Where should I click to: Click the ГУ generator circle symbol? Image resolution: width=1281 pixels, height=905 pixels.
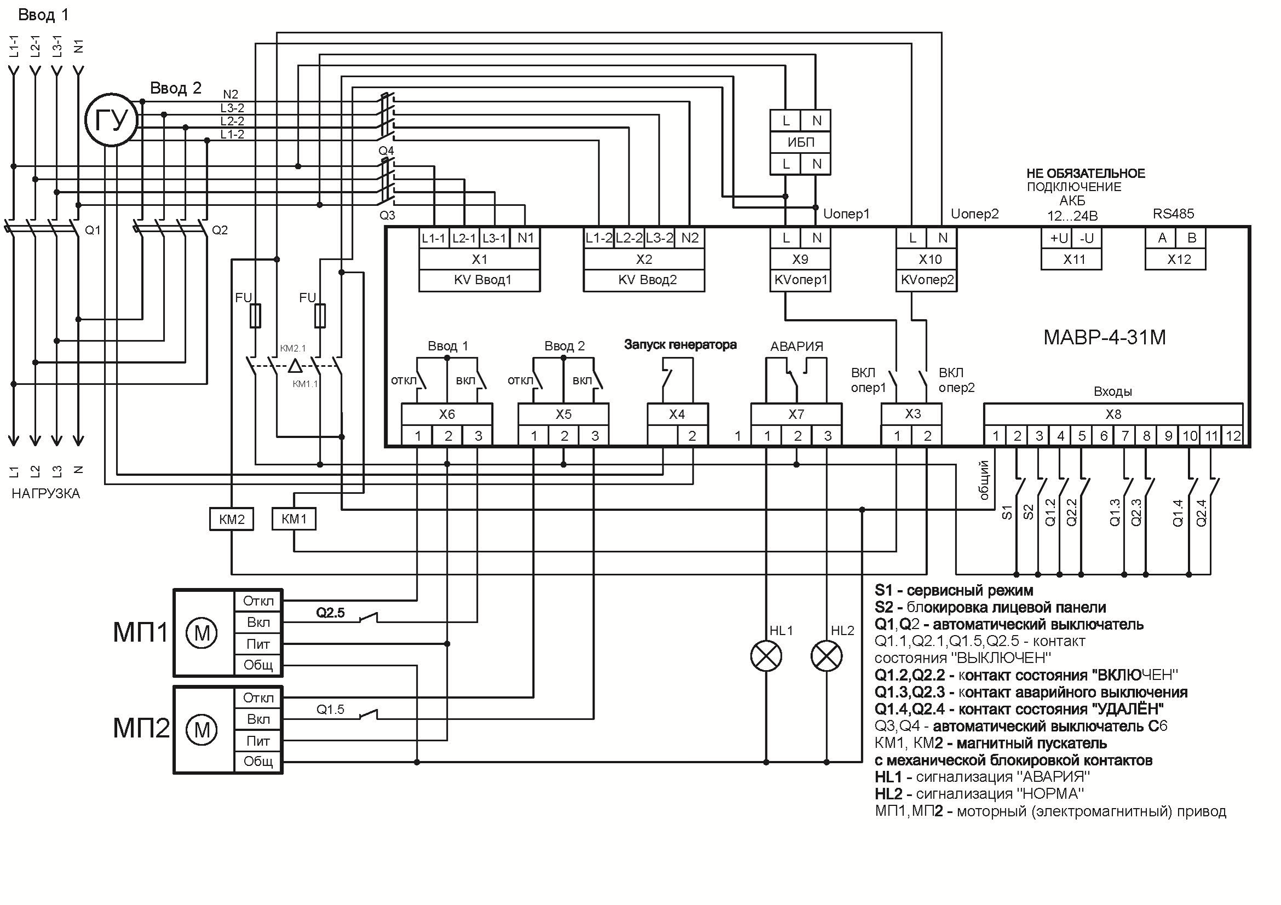(x=112, y=119)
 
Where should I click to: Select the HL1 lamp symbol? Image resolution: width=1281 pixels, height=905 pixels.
(x=766, y=656)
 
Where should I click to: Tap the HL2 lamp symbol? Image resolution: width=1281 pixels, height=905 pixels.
(x=826, y=656)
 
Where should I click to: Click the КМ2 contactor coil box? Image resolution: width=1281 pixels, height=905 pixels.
(x=232, y=520)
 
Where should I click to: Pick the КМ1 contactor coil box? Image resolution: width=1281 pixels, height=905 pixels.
(x=294, y=519)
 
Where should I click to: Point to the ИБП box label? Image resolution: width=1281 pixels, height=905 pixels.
(x=800, y=142)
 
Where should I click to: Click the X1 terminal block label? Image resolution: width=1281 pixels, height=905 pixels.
(x=479, y=260)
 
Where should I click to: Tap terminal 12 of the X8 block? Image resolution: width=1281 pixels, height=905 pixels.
(x=1232, y=436)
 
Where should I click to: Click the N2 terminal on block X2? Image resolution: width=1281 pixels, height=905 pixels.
(x=690, y=238)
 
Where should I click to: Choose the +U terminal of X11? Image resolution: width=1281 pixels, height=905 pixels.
(x=1058, y=238)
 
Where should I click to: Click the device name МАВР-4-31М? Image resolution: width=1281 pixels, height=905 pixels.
(x=1104, y=338)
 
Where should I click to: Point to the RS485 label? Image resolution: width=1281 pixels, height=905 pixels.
(x=1173, y=214)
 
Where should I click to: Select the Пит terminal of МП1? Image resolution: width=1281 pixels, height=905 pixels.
(x=258, y=644)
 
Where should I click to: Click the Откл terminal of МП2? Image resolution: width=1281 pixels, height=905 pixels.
(x=258, y=698)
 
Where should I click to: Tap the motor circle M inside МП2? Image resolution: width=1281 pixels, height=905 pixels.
(x=201, y=730)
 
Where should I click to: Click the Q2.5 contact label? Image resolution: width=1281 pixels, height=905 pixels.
(x=330, y=613)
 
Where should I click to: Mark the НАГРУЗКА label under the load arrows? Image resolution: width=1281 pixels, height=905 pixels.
(x=46, y=494)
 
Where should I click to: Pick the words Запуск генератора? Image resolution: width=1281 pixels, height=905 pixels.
(x=680, y=345)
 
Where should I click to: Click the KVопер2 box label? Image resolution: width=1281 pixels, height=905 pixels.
(x=927, y=280)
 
